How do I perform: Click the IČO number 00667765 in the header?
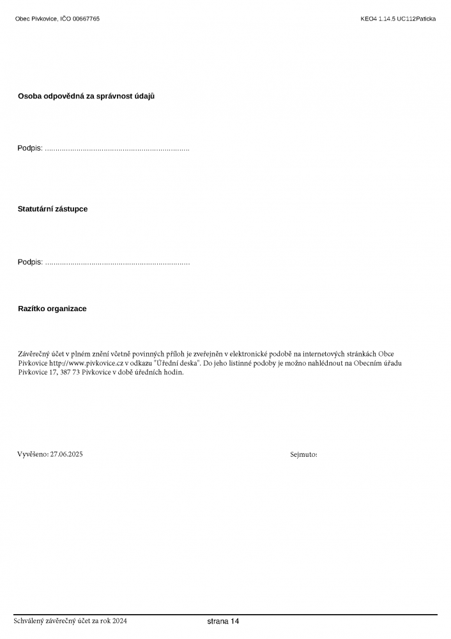pos(86,19)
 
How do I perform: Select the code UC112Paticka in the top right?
pos(416,19)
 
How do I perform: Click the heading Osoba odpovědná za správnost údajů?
pos(86,96)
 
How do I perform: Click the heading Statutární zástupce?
pos(52,209)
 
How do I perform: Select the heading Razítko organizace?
pos(52,309)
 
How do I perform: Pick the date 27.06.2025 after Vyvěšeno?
pos(66,454)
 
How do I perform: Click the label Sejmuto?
pos(303,454)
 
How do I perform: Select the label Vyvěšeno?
pos(33,454)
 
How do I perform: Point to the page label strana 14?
pos(223,621)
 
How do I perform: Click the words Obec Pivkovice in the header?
pos(36,19)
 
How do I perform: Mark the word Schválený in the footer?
pos(30,621)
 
